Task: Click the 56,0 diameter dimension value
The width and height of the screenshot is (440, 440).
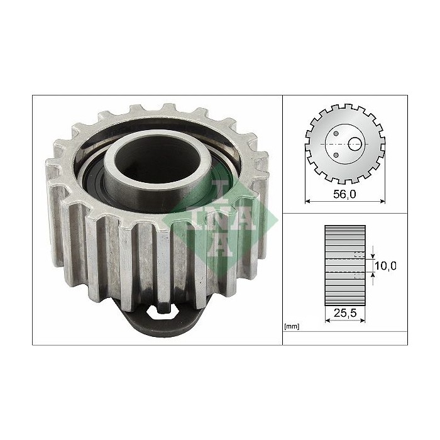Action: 344,194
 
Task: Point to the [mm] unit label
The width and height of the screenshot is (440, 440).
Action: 291,327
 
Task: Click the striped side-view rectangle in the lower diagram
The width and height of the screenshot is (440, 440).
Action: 345,264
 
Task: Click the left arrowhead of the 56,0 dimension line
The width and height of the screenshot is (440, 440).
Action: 307,202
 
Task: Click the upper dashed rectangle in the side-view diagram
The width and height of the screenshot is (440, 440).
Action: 359,255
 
